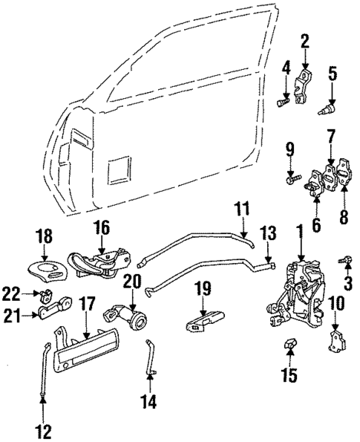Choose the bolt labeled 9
290,178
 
